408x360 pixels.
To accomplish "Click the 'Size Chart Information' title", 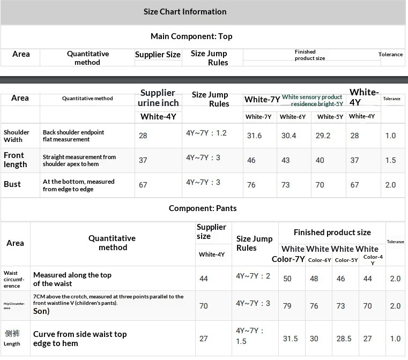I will pos(185,12).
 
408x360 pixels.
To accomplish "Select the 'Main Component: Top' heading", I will pos(191,36).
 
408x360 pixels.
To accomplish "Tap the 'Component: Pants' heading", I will pos(203,208).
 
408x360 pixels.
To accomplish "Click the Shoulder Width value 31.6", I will pos(254,136).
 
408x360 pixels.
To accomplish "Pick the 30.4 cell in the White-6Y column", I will pos(288,136).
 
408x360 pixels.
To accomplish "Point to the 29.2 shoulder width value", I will pos(323,136).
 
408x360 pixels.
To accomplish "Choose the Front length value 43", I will pos(285,160).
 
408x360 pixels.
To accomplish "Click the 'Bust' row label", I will pos(12,184).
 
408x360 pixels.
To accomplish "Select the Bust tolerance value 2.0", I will pos(390,185).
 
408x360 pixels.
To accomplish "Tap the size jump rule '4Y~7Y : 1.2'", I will pos(206,133).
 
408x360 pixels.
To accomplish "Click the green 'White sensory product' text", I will pos(312,97).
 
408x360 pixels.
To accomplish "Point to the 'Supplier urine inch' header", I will pos(158,97).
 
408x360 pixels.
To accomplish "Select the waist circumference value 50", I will pos(287,279).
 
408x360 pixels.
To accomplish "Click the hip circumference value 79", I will pos(287,306).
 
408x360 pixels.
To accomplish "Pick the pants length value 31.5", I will pos(290,339).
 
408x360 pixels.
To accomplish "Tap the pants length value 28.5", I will pos(344,339).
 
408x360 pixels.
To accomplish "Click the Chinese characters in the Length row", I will pos(12,333).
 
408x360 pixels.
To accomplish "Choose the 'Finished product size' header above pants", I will pos(332,232).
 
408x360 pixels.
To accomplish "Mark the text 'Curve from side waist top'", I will pos(80,334).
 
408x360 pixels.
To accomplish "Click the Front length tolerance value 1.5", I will pos(390,160).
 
